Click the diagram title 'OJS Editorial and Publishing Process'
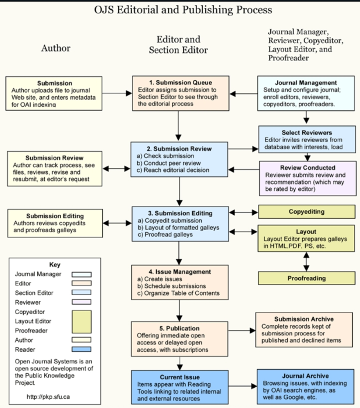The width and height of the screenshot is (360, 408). pyautogui.click(x=183, y=10)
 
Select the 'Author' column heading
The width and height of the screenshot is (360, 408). pyautogui.click(x=56, y=48)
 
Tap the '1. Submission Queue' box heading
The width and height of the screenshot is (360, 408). pyautogui.click(x=181, y=83)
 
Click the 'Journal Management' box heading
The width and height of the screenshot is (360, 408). pyautogui.click(x=306, y=83)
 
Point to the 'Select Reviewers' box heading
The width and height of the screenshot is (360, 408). pyautogui.click(x=306, y=133)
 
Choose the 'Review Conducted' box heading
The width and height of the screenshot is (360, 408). pyautogui.click(x=308, y=168)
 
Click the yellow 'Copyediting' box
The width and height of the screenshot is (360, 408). pyautogui.click(x=306, y=212)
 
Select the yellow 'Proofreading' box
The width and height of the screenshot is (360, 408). pyautogui.click(x=306, y=278)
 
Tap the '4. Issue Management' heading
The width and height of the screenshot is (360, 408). pyautogui.click(x=180, y=272)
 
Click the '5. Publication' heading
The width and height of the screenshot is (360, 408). pyautogui.click(x=179, y=328)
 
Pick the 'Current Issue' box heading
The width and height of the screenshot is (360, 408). pyautogui.click(x=180, y=377)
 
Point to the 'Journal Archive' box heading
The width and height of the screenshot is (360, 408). pyautogui.click(x=305, y=376)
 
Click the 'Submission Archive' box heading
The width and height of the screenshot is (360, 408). pyautogui.click(x=304, y=319)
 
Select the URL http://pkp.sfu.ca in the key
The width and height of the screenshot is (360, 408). pyautogui.click(x=48, y=397)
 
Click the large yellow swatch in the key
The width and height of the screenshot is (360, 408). pyautogui.click(x=82, y=322)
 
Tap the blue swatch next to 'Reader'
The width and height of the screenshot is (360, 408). pyautogui.click(x=82, y=349)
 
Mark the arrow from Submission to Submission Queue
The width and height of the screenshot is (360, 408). pyautogui.click(x=117, y=93)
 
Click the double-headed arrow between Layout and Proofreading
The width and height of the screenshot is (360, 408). pyautogui.click(x=306, y=262)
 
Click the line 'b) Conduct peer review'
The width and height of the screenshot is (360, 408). pyautogui.click(x=169, y=163)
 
